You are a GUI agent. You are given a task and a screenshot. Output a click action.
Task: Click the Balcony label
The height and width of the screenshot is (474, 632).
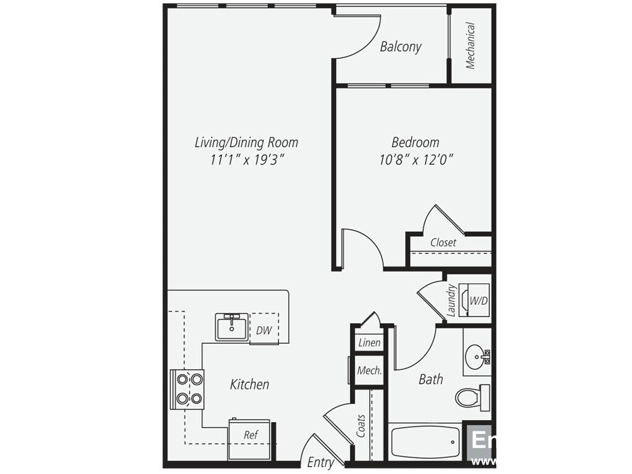click(401, 46)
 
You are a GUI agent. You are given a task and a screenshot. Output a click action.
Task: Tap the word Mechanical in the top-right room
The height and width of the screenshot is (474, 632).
click(470, 45)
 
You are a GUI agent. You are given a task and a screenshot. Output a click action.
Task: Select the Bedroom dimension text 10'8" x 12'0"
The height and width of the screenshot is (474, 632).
click(417, 160)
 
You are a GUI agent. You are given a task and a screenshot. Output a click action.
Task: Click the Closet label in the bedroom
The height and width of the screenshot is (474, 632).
click(443, 243)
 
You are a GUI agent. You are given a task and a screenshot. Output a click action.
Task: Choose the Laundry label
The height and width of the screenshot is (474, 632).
click(451, 300)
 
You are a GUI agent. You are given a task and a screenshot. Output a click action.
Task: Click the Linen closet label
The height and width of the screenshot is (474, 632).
click(370, 343)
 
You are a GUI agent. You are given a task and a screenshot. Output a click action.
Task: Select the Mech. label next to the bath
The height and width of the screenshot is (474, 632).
click(370, 371)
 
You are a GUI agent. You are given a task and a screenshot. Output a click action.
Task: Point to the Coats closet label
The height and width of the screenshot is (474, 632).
click(361, 426)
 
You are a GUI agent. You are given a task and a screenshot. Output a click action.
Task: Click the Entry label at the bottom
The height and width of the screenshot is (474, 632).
click(320, 462)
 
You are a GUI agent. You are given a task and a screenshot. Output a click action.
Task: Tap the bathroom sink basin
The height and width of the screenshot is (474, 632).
click(476, 355)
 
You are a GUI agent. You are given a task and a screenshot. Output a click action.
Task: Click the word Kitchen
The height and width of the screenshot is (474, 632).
click(249, 385)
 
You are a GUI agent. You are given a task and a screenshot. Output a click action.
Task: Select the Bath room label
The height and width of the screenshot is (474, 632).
click(431, 379)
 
